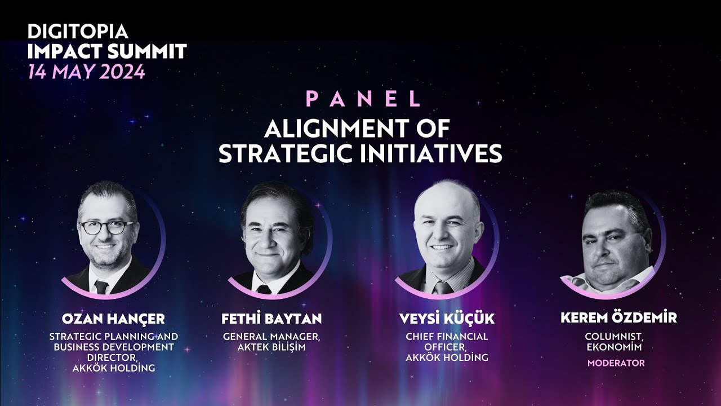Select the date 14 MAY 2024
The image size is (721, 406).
pos(86,72)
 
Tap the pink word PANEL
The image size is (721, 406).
pos(363,99)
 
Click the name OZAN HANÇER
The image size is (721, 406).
pos(113,319)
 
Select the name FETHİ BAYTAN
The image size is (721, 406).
pos(272,319)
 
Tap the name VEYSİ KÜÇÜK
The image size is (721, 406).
pos(447,319)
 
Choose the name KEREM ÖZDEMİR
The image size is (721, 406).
pos(618,318)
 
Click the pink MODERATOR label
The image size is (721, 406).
pos(616,363)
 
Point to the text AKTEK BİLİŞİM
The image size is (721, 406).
pos(272,347)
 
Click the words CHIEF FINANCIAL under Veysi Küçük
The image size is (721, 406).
pos(447,337)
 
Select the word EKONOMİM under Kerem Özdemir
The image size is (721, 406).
pos(616,347)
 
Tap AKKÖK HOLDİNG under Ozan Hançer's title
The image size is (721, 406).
pos(114,368)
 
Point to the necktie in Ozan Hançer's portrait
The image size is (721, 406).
pos(101,286)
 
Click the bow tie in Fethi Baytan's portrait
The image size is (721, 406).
pos(263,289)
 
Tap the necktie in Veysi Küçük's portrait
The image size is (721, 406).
pos(443,288)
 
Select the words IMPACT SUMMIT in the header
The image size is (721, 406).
pos(107,52)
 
